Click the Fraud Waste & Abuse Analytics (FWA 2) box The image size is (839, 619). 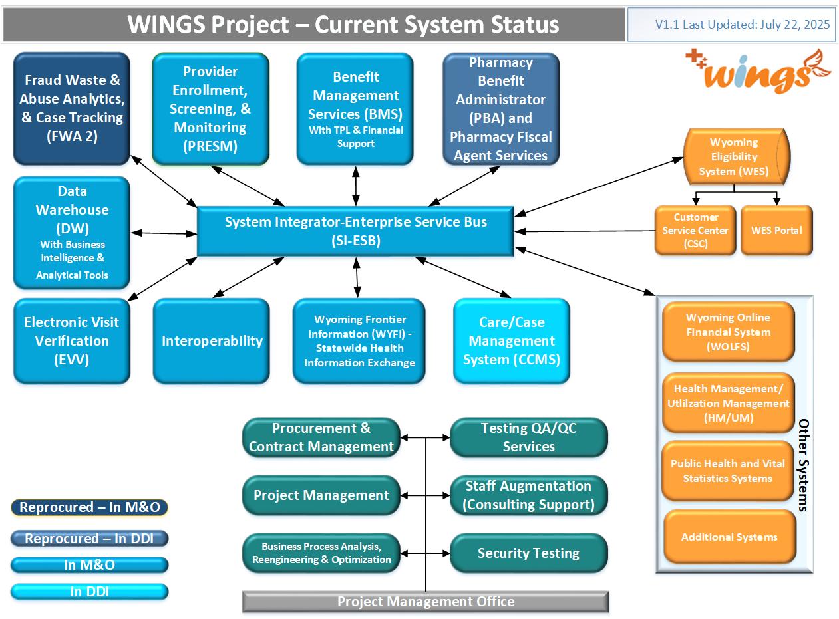coord(71,108)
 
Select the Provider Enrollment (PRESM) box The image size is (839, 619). coord(210,108)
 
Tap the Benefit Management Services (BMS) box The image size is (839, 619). coord(355,108)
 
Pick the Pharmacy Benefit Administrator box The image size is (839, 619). coord(501,108)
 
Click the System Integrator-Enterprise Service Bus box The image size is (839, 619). coord(355,231)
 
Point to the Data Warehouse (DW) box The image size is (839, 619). coord(71,233)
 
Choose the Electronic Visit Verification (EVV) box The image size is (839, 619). coord(71,340)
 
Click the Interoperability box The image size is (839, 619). coord(212,340)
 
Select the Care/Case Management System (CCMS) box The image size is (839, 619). coord(512,340)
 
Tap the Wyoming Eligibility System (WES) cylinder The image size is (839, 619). coord(737,156)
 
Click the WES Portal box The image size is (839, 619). coord(776,230)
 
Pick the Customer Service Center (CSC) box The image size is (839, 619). coord(695,230)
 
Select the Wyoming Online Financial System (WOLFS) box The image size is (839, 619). coord(728,332)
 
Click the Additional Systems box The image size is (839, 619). coord(730,537)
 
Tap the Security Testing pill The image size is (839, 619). coord(528,553)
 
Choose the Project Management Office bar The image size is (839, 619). coord(426,602)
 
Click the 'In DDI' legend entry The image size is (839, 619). coord(89,592)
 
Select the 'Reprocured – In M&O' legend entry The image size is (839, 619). coord(89,507)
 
